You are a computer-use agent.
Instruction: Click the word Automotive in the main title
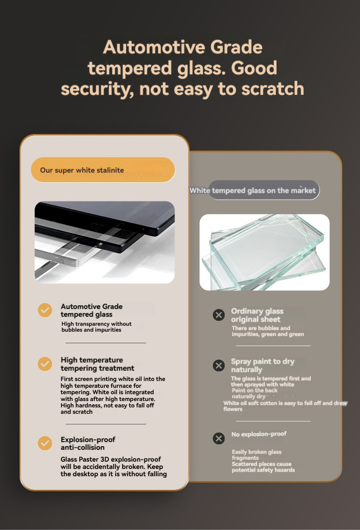click(154, 46)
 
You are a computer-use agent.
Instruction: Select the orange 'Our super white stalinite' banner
click(103, 170)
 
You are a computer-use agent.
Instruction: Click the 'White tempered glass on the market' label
click(252, 190)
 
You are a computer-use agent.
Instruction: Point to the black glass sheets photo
click(105, 242)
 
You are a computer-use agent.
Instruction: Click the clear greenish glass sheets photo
click(264, 252)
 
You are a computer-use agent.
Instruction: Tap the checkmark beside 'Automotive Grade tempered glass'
click(45, 310)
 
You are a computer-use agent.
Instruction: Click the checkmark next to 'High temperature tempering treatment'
click(45, 364)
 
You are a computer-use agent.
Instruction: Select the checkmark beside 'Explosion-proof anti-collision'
click(45, 443)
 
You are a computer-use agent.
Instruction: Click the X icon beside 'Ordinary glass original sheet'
click(219, 315)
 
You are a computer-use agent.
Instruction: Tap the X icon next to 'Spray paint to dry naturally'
click(219, 365)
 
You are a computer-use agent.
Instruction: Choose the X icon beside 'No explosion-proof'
click(219, 438)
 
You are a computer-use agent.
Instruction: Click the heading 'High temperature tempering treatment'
click(98, 364)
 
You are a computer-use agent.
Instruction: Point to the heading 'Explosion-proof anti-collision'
click(88, 443)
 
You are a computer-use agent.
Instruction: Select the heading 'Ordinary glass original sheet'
click(257, 315)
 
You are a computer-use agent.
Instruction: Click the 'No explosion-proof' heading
click(258, 434)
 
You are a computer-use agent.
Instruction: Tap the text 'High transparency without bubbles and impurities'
click(96, 327)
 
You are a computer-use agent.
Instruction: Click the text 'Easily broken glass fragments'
click(257, 455)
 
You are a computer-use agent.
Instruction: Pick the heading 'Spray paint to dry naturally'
click(262, 365)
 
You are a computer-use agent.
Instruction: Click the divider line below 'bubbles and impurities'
click(106, 343)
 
